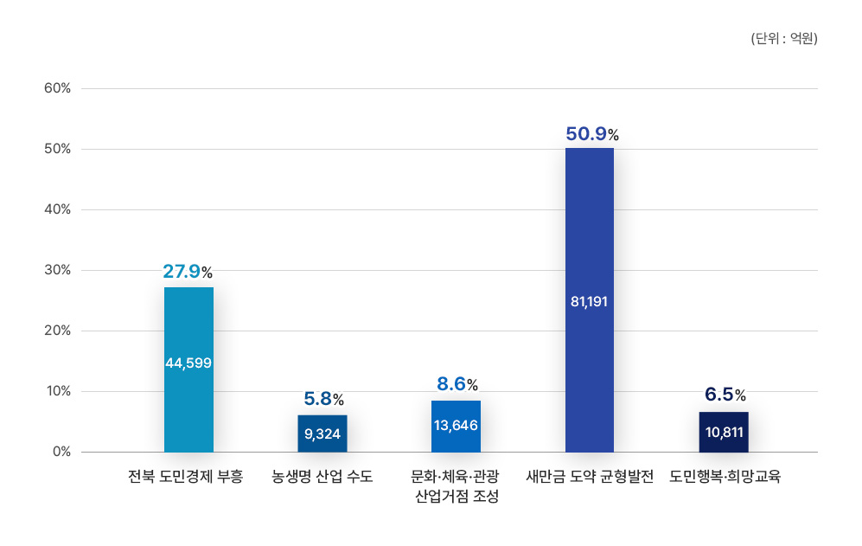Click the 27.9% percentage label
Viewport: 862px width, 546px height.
pyautogui.click(x=188, y=272)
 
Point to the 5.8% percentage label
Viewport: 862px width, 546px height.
pyautogui.click(x=323, y=399)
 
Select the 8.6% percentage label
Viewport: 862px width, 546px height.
pyautogui.click(x=457, y=384)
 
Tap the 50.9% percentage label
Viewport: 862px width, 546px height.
pyautogui.click(x=592, y=134)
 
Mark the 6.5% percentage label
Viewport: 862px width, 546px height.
pyautogui.click(x=725, y=395)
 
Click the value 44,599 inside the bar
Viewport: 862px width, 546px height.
pyautogui.click(x=188, y=363)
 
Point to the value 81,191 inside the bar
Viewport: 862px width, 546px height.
pyautogui.click(x=590, y=302)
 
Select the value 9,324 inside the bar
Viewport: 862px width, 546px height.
pyautogui.click(x=322, y=433)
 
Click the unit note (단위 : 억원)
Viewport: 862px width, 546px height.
pyautogui.click(x=784, y=39)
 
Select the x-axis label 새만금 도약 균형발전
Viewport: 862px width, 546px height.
pyautogui.click(x=590, y=477)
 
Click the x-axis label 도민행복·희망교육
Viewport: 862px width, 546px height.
pyautogui.click(x=725, y=477)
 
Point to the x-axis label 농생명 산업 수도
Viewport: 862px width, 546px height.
pyautogui.click(x=322, y=477)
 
